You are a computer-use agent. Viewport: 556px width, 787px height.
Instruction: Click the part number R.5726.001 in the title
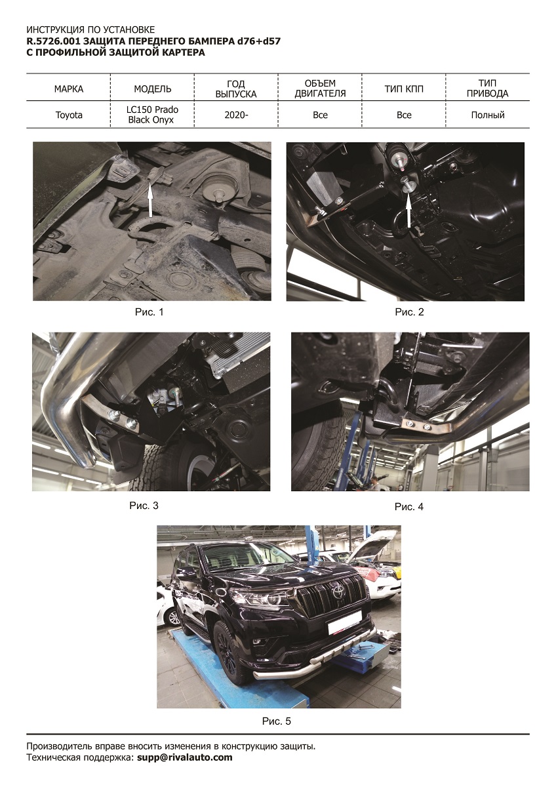(54, 41)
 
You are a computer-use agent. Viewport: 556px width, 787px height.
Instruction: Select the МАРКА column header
(69, 89)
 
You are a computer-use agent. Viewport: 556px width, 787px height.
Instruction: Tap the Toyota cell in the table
(69, 115)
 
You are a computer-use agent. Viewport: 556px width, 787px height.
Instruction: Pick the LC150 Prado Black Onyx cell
(152, 115)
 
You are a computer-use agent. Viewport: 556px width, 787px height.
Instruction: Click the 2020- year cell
(236, 115)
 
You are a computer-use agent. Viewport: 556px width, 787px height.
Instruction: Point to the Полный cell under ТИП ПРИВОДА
(488, 115)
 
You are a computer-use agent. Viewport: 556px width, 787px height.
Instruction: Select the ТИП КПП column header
(404, 89)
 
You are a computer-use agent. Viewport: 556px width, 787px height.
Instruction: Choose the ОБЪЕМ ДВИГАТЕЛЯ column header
(320, 89)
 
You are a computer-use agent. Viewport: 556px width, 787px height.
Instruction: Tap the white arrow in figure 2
(408, 211)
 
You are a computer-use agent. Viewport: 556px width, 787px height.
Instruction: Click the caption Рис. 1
(149, 312)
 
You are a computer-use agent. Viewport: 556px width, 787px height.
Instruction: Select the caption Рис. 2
(409, 312)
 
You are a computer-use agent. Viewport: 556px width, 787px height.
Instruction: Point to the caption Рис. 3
(144, 506)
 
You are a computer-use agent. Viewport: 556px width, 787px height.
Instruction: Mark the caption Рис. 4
(409, 506)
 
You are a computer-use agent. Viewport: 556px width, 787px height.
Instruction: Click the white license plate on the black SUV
(344, 621)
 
